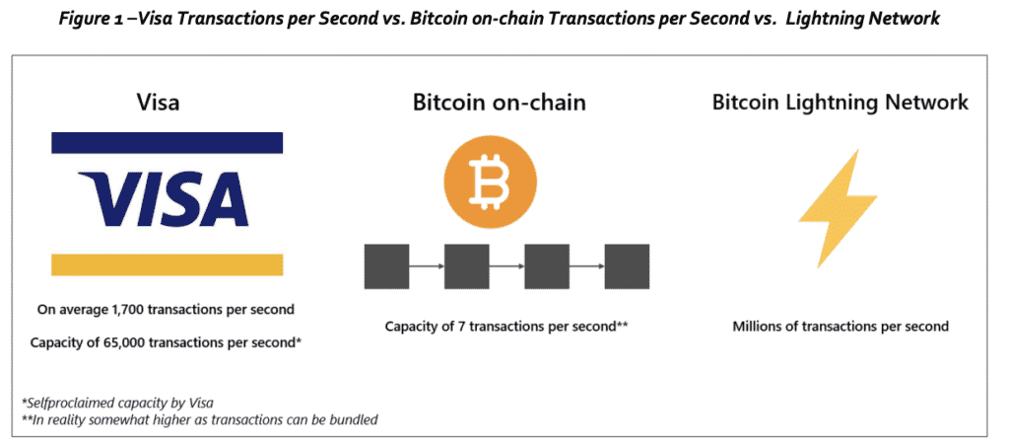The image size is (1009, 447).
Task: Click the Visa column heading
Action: [x=158, y=103]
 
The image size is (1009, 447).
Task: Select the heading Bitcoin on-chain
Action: [x=500, y=103]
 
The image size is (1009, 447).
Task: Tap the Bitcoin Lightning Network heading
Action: [x=840, y=103]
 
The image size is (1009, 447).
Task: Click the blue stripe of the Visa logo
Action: [x=168, y=142]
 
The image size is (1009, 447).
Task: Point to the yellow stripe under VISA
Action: [x=168, y=264]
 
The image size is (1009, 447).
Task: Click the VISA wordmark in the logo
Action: [x=164, y=200]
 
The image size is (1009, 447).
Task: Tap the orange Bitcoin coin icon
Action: [x=491, y=184]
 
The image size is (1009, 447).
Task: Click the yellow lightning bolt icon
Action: [x=838, y=208]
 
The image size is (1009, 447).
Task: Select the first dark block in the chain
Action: [x=386, y=266]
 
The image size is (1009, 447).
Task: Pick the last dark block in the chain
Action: [x=627, y=266]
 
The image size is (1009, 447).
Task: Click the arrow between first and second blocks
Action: [x=427, y=266]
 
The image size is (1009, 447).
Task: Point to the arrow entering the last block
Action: [x=587, y=266]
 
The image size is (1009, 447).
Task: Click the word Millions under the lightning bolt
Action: [x=757, y=327]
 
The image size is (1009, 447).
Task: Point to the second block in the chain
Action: [x=467, y=266]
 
